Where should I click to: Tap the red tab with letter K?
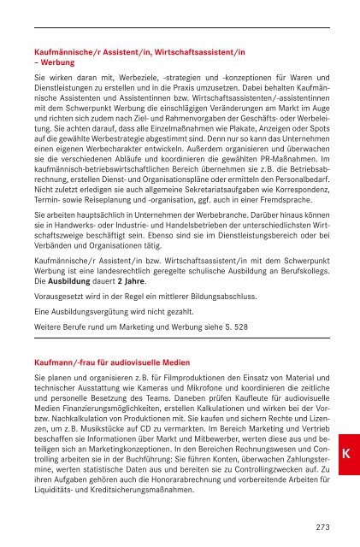[x=341, y=450]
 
